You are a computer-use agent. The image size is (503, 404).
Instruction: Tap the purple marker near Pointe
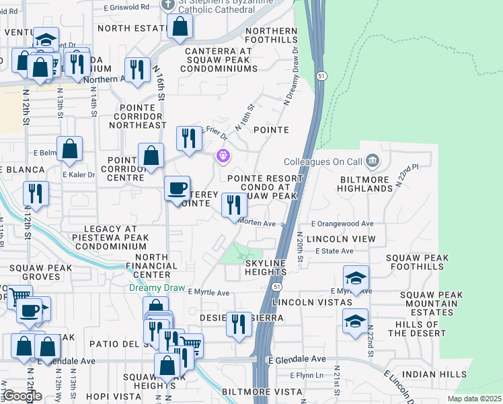pos(223,156)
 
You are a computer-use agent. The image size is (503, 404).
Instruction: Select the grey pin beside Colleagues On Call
pos(374,162)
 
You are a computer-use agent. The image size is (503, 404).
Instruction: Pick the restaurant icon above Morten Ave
pos(234,204)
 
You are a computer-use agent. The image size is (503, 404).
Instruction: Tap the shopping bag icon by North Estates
pos(180,26)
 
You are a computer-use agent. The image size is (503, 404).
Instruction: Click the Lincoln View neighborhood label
pos(341,239)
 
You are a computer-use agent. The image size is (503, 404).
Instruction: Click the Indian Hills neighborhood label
pos(434,374)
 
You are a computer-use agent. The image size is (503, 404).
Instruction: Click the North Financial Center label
pos(157,266)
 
